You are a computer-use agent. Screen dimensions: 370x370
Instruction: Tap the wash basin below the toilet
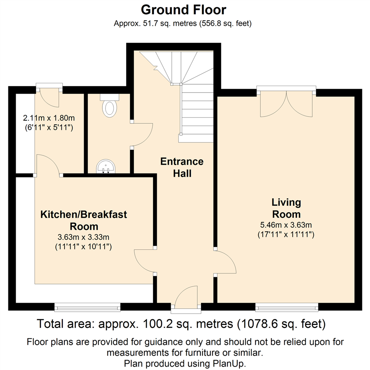106,166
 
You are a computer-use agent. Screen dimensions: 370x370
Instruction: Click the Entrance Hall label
182,168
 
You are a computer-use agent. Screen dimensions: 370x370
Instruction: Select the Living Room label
286,208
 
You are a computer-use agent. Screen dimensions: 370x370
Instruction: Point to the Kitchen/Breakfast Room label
84,220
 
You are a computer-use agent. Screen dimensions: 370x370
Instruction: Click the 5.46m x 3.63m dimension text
286,225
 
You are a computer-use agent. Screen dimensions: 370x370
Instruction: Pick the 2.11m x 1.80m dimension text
49,118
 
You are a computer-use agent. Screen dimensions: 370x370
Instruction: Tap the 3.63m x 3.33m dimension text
84,237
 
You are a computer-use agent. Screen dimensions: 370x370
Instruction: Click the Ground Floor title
184,10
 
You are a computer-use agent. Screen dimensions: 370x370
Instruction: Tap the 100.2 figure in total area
154,324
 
